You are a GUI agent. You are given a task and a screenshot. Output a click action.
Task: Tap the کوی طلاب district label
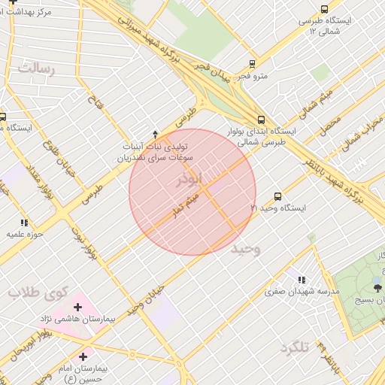(x=38, y=292)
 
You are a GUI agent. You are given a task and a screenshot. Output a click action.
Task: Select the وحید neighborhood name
(x=247, y=249)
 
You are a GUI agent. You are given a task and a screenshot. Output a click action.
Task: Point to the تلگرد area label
(x=294, y=348)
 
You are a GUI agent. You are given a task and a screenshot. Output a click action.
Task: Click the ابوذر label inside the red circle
(x=189, y=180)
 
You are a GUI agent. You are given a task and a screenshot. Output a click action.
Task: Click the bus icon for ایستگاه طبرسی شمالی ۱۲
(x=324, y=9)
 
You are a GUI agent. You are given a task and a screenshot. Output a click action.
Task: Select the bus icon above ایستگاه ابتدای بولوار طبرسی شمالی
(x=261, y=120)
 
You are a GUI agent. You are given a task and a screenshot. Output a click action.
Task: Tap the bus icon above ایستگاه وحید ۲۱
(x=278, y=196)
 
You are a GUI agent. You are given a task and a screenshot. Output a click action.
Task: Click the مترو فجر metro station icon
(x=253, y=65)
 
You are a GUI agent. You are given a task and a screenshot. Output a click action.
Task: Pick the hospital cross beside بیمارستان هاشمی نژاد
(x=77, y=307)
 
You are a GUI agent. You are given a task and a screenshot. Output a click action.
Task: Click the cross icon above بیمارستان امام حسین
(x=82, y=356)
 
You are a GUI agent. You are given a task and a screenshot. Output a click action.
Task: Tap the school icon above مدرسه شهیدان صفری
(x=302, y=280)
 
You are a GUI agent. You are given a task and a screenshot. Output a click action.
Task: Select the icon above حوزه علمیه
(x=24, y=223)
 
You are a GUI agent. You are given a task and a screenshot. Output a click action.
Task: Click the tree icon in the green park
(x=377, y=286)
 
